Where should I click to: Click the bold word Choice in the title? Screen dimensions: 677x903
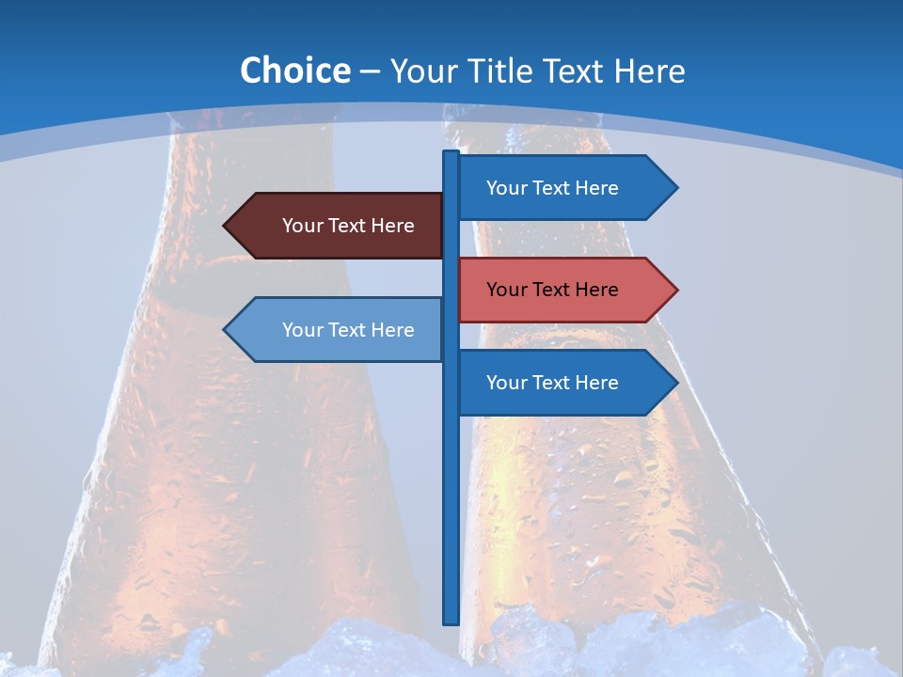pyautogui.click(x=294, y=71)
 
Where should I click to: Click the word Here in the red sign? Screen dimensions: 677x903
pyautogui.click(x=596, y=290)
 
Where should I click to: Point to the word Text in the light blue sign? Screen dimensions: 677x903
pyautogui.click(x=348, y=330)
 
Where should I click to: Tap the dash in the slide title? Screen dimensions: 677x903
pyautogui.click(x=370, y=72)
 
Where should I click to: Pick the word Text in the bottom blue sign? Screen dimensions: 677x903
pyautogui.click(x=552, y=383)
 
